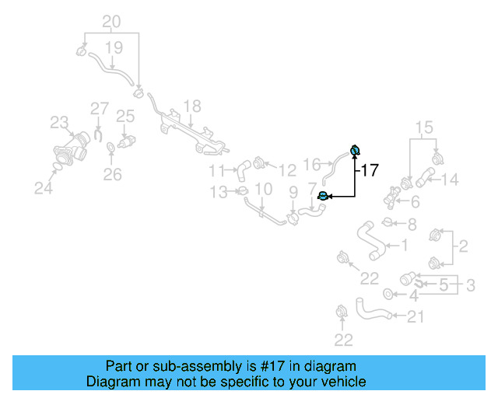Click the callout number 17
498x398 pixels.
[x=370, y=169]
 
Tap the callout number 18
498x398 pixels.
[x=191, y=106]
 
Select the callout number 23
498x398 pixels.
[x=60, y=122]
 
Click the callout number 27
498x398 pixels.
[x=99, y=109]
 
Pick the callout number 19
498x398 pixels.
[x=114, y=48]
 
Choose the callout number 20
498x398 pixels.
[x=111, y=21]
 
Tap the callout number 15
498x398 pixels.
[x=423, y=127]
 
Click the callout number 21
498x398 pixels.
[x=416, y=316]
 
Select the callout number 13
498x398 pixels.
[x=218, y=191]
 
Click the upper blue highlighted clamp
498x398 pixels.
[x=355, y=150]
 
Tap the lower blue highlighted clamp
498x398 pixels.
[x=324, y=197]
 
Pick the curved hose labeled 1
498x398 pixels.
[x=369, y=241]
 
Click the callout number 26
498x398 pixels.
[x=113, y=175]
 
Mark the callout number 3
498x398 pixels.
[x=471, y=286]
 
